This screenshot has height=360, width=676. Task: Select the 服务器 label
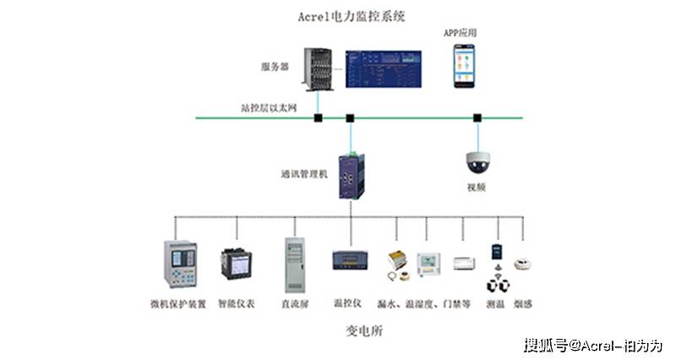click(275, 65)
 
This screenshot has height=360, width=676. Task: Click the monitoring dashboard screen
click(384, 68)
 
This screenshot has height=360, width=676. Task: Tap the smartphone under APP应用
click(464, 67)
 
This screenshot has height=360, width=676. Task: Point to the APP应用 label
click(461, 32)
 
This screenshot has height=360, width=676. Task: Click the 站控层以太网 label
click(269, 108)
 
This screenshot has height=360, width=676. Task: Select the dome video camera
click(477, 161)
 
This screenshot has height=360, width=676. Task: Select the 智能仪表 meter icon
click(236, 265)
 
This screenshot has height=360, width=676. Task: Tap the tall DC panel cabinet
click(294, 265)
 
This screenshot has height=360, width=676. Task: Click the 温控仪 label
click(347, 303)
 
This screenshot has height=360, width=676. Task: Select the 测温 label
click(496, 303)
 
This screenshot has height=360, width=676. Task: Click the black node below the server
click(319, 117)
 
